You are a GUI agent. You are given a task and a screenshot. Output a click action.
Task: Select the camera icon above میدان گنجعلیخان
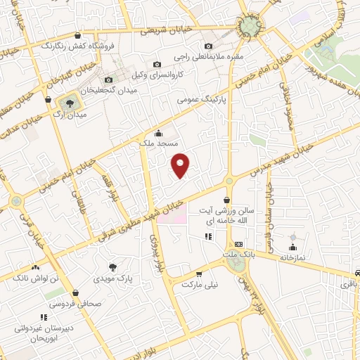pyautogui.click(x=108, y=80)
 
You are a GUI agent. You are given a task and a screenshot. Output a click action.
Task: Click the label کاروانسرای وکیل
pyautogui.click(x=179, y=73)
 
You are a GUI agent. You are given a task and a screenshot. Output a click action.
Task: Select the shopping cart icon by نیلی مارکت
pyautogui.click(x=199, y=275)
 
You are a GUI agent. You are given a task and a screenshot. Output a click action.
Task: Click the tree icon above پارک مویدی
pyautogui.click(x=113, y=267)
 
